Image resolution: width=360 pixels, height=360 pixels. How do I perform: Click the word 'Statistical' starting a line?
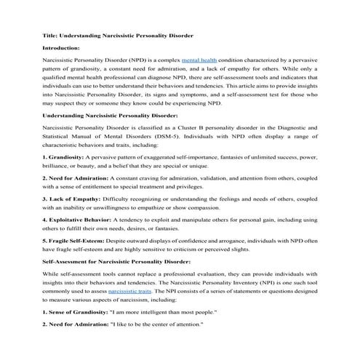pyautogui.click(x=58, y=135)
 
